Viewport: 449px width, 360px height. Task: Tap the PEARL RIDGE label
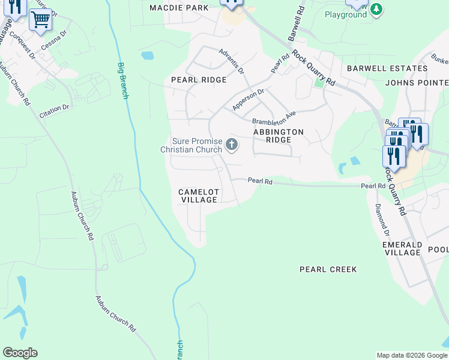point(199,80)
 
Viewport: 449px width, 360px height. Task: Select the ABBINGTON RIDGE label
point(278,136)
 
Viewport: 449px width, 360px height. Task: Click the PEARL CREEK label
point(328,270)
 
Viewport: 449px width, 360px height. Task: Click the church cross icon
point(232,144)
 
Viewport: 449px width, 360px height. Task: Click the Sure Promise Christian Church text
point(191,145)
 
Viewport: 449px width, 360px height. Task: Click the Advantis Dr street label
point(232,61)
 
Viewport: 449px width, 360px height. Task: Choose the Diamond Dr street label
point(382,220)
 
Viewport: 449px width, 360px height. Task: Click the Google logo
point(20,353)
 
